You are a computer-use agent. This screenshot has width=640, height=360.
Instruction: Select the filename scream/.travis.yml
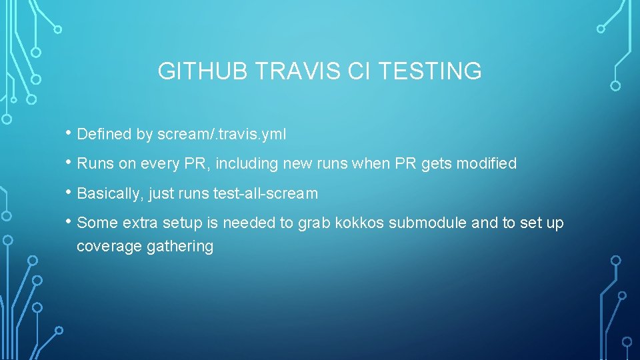pos(221,134)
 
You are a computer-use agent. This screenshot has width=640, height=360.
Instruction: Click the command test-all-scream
pos(265,194)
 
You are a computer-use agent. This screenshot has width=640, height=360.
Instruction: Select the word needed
pos(244,223)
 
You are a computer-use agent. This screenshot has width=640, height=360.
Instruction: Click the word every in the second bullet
pos(155,164)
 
